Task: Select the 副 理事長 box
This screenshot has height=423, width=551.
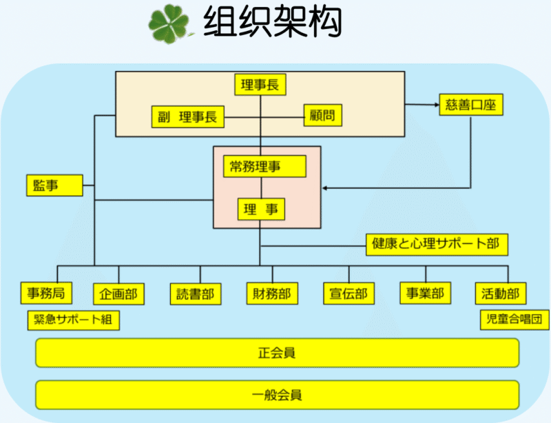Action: [x=187, y=117]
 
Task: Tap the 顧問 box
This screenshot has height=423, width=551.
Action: [x=323, y=116]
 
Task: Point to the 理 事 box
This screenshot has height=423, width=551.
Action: [x=261, y=209]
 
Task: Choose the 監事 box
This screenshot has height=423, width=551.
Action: [x=54, y=185]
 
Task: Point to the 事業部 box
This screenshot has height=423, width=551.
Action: [x=426, y=293]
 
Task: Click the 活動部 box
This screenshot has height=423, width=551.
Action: [x=501, y=293]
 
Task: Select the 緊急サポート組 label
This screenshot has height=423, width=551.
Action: [x=72, y=320]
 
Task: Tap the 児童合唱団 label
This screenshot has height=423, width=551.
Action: [x=514, y=320]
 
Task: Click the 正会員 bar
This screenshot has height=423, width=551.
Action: [x=277, y=353]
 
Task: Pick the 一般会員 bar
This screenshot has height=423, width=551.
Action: [x=277, y=395]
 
